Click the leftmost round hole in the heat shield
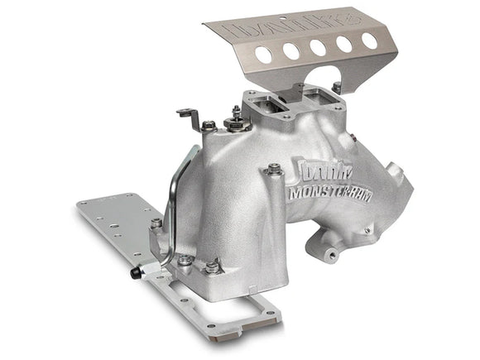pos(263,56)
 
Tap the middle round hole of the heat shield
pos(318,47)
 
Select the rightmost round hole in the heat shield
pos(369,41)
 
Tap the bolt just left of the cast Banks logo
pos(274,170)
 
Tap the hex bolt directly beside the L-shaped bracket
pos(209,127)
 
